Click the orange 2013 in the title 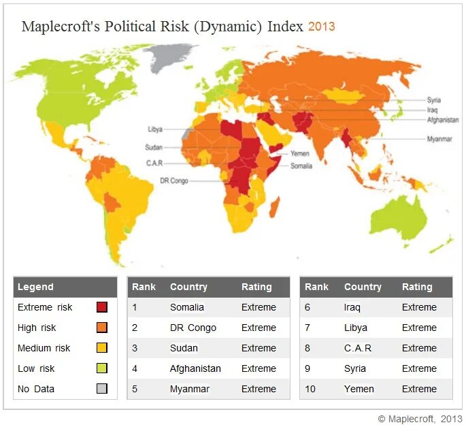click(x=321, y=27)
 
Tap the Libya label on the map click(x=154, y=129)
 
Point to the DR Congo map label click(x=174, y=180)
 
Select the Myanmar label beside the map click(x=439, y=139)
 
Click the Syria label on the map click(x=434, y=100)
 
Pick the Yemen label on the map click(x=300, y=154)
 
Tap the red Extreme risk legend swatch click(x=101, y=307)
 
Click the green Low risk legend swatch click(x=101, y=368)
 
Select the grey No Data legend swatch click(x=101, y=389)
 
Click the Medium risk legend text click(x=44, y=348)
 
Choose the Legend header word click(x=35, y=287)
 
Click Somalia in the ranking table click(x=187, y=307)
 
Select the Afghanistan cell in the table click(x=195, y=368)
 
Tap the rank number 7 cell click(x=307, y=328)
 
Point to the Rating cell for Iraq click(x=419, y=307)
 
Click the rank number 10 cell click(x=310, y=389)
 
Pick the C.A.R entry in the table click(x=359, y=348)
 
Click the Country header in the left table click(x=188, y=287)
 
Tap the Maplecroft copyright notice click(x=420, y=418)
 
